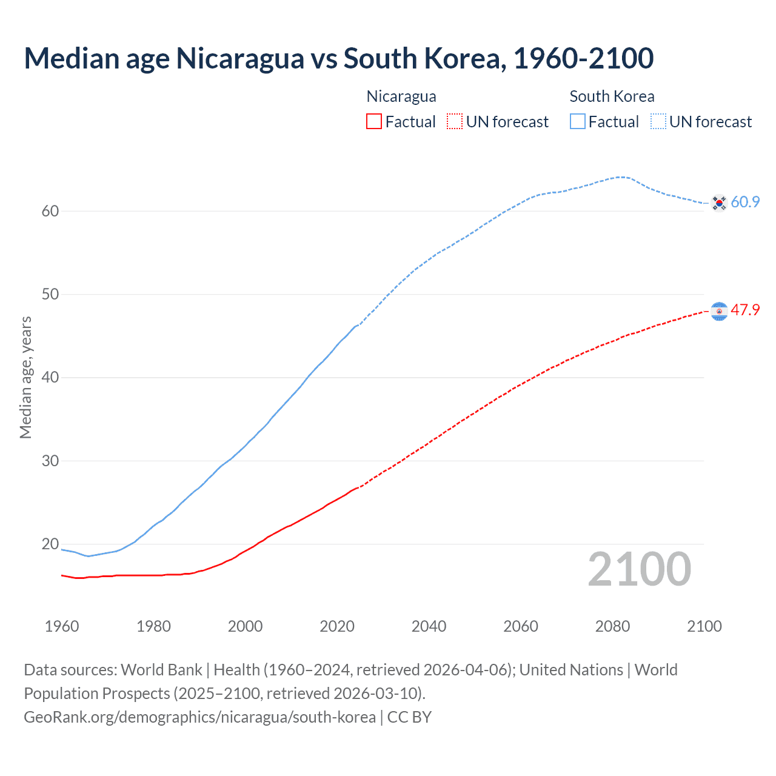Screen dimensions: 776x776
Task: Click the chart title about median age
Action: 338,58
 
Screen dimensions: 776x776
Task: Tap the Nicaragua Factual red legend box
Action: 374,121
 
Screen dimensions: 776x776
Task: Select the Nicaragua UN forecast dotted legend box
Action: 455,121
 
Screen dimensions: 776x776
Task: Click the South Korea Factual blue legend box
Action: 578,121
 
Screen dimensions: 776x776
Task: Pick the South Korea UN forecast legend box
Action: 658,121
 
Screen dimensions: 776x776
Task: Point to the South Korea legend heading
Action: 612,96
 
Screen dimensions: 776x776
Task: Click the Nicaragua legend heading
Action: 401,96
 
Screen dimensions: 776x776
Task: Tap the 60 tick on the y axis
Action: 50,211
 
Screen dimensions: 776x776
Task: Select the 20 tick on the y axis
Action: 50,544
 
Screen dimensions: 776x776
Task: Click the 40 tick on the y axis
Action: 50,377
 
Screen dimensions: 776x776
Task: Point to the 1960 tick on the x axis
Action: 62,626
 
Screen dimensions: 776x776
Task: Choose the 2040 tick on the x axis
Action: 429,626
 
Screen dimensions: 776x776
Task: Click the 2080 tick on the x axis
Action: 612,626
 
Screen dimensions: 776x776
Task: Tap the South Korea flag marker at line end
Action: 719,202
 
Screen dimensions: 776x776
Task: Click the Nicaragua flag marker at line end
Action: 719,311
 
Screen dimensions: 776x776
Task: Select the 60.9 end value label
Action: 745,202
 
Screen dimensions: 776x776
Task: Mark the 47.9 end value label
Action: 745,310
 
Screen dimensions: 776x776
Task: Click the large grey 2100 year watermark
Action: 640,569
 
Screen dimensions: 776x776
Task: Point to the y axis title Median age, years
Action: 25,377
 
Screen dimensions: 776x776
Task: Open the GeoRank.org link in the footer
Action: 199,717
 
